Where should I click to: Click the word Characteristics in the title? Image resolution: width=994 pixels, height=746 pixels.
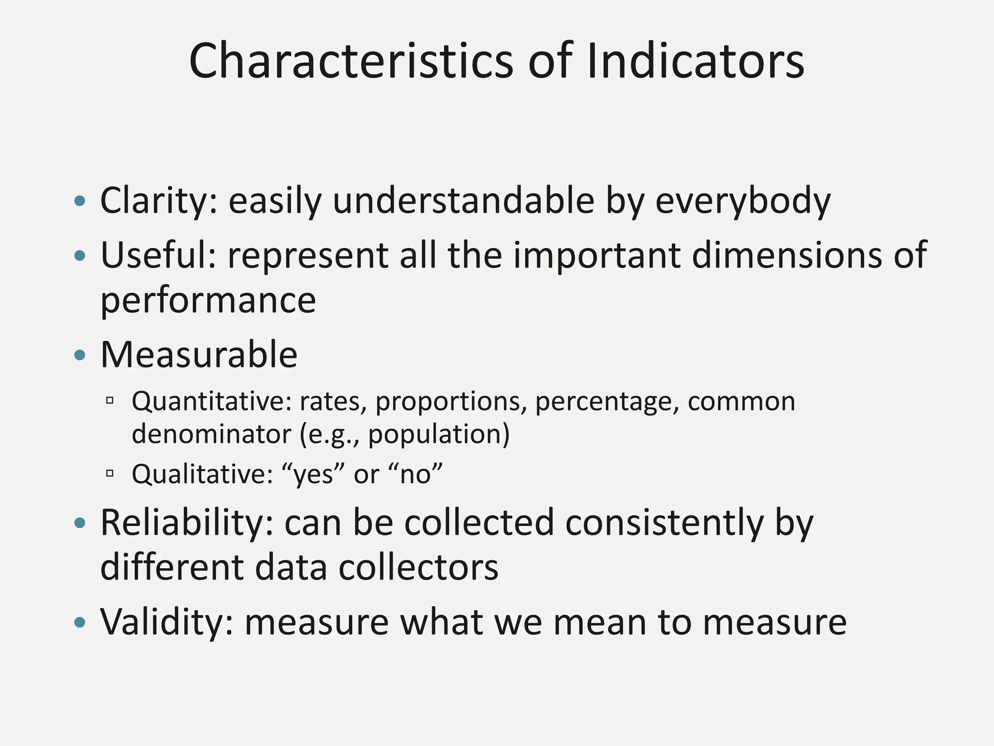[350, 62]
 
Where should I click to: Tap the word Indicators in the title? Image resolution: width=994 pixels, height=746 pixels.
[695, 62]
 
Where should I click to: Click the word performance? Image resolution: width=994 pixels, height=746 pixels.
[208, 301]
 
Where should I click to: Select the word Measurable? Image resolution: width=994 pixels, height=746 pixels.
[199, 355]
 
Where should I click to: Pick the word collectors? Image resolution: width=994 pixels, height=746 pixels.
[418, 568]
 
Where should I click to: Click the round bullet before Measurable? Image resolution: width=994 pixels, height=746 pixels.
[80, 356]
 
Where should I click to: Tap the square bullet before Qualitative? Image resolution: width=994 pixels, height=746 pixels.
[110, 473]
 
